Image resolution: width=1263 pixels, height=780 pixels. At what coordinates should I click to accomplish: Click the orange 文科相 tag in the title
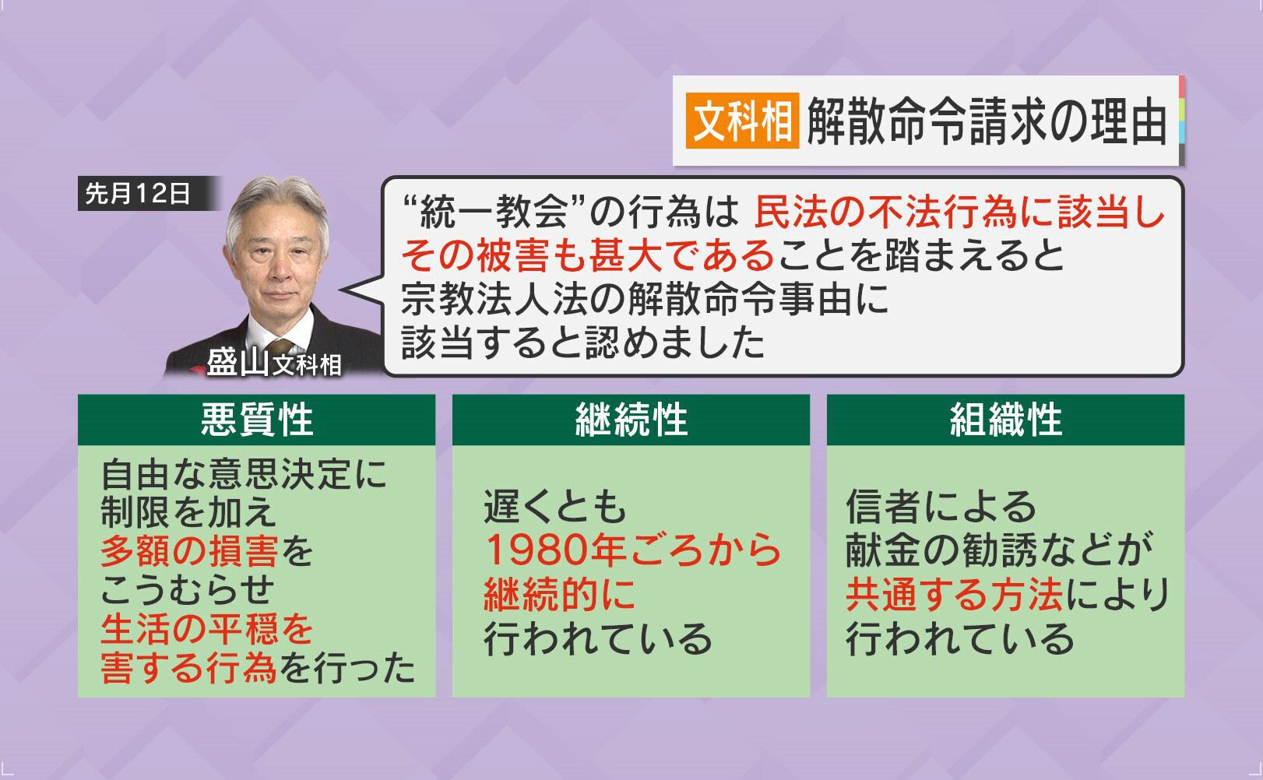(x=742, y=121)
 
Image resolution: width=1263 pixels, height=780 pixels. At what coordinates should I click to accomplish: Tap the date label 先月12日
(x=138, y=193)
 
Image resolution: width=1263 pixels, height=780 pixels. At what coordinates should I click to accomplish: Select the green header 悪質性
(x=256, y=420)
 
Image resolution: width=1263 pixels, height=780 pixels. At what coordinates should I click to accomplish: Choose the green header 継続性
(x=631, y=420)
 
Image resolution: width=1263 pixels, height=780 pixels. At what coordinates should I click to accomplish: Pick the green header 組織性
(x=1005, y=420)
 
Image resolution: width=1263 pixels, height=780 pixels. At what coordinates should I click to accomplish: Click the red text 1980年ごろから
(x=632, y=550)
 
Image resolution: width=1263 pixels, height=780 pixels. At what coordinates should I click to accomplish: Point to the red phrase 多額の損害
(x=189, y=550)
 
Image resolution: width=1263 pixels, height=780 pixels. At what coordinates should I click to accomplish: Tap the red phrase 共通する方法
(x=954, y=595)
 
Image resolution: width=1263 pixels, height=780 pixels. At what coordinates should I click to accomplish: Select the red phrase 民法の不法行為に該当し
(x=959, y=212)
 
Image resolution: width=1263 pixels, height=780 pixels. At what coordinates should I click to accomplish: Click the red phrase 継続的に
(x=559, y=595)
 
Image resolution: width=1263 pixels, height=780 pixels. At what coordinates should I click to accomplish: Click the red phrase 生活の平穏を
(x=206, y=629)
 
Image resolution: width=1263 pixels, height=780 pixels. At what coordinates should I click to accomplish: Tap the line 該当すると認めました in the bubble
(x=583, y=342)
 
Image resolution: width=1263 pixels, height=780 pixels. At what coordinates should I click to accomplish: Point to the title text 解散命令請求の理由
(x=987, y=121)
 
